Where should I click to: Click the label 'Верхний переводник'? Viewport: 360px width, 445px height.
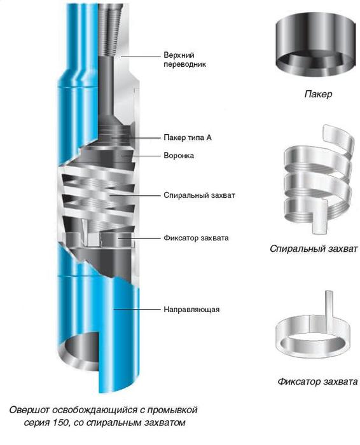pyautogui.click(x=184, y=59)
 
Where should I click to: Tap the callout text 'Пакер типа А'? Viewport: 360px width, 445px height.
pyautogui.click(x=188, y=138)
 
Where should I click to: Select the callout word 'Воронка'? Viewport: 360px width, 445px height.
pyautogui.click(x=179, y=156)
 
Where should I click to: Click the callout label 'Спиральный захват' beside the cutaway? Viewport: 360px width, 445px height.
pyautogui.click(x=199, y=195)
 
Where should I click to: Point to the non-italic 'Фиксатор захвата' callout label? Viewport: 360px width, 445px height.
pyautogui.click(x=196, y=238)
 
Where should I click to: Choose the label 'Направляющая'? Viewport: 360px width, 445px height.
pyautogui.click(x=191, y=309)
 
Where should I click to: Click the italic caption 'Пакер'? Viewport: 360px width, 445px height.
pyautogui.click(x=318, y=94)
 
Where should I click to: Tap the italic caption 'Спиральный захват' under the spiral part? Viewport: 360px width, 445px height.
pyautogui.click(x=314, y=249)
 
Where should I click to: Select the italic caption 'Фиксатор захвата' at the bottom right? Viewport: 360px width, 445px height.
pyautogui.click(x=317, y=381)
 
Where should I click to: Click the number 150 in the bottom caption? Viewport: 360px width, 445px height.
pyautogui.click(x=61, y=423)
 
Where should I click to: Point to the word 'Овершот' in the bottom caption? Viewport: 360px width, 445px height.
pyautogui.click(x=30, y=410)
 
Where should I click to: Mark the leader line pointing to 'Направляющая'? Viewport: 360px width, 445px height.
pyautogui.click(x=137, y=309)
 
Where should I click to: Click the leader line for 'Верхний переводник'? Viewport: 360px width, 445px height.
pyautogui.click(x=141, y=57)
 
